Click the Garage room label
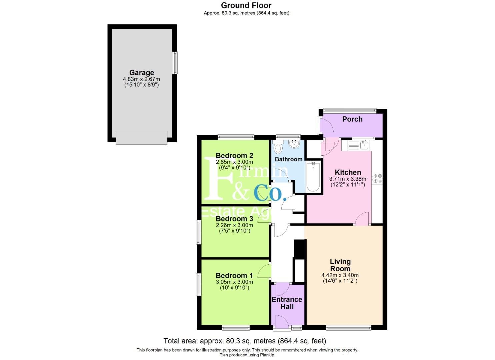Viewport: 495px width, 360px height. pos(141,72)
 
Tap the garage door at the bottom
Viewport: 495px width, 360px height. pos(141,137)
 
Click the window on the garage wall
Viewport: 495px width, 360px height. pos(175,63)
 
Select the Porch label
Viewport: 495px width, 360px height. pos(352,119)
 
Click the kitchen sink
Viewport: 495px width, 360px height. pos(364,145)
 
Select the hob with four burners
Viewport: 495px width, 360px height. pos(377,179)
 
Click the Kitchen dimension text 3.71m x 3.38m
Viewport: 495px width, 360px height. pos(348,179)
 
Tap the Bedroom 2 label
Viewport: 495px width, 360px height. pos(234,156)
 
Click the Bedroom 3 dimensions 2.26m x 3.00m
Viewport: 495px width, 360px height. pos(234,225)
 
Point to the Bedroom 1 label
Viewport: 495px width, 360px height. pos(234,276)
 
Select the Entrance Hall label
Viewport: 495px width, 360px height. pos(287,303)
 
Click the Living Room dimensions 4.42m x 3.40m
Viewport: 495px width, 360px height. pos(340,275)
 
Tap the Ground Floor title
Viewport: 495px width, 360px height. pos(246,5)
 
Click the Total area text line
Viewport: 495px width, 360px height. pos(245,341)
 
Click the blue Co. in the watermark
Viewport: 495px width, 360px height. pos(270,193)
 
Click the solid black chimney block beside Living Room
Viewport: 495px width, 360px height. pos(300,248)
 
